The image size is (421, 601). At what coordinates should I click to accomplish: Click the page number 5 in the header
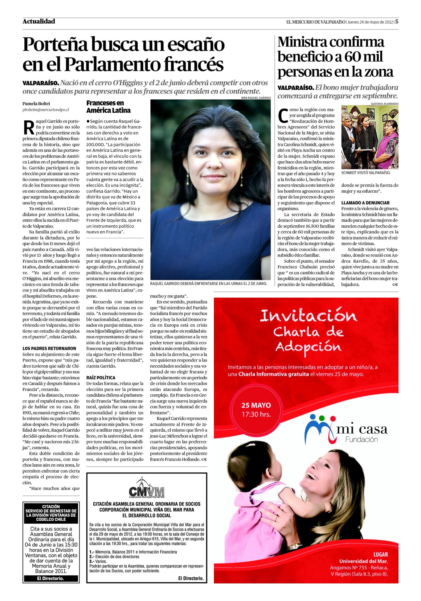pos(397,22)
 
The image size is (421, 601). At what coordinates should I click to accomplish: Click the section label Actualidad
pos(39,21)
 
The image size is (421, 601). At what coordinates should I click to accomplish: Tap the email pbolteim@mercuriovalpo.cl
pos(46,110)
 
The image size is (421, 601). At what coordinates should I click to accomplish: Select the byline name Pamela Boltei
pos(36,103)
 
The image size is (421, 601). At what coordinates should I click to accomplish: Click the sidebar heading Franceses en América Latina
pos(108,107)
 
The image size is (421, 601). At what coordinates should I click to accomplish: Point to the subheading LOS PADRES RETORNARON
pos(49,348)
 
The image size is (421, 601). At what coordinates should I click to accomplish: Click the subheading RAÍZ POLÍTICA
pos(101,377)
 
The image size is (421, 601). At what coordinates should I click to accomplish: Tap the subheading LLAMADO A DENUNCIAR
pos(365,203)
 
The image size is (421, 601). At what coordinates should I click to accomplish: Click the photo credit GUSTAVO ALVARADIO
pos(384,104)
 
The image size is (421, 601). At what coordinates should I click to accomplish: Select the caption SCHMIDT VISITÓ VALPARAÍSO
pos(366,173)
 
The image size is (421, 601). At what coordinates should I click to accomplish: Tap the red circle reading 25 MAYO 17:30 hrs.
pos(256,409)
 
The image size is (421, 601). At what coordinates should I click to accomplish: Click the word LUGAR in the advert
pos(380,555)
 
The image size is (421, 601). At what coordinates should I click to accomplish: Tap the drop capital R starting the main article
pos(29,127)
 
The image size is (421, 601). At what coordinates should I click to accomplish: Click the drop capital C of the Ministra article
pos(283,115)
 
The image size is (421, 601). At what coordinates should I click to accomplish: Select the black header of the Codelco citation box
pos(51,513)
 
